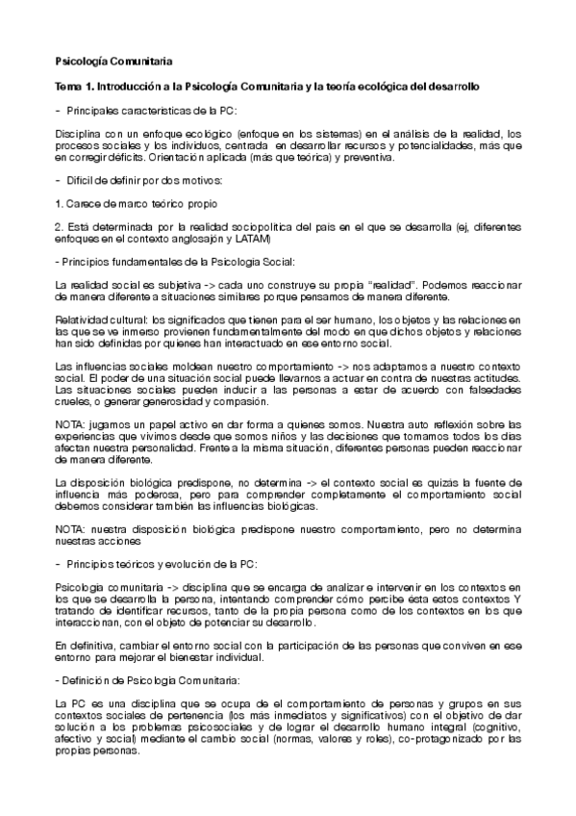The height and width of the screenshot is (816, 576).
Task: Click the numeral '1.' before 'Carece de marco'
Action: tap(61, 204)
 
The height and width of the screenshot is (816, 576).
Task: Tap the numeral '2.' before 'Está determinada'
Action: tap(61, 226)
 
